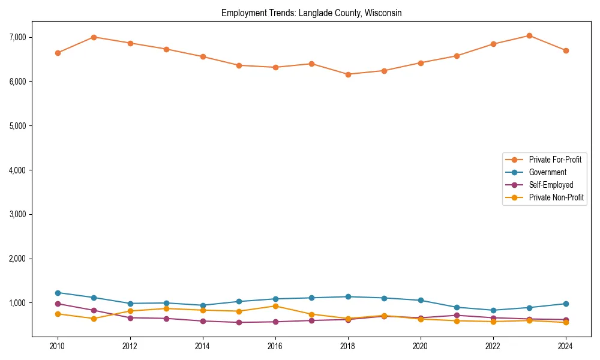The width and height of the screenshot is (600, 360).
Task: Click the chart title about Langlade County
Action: point(311,13)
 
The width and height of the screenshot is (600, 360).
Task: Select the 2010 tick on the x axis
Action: point(58,346)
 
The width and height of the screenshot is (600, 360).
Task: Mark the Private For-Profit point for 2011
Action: point(94,37)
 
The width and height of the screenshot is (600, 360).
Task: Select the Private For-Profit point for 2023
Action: point(529,35)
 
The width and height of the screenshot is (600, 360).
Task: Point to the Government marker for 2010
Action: point(58,293)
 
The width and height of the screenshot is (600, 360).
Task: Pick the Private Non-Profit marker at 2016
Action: point(275,306)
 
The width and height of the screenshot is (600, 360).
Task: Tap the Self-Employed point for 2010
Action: point(58,304)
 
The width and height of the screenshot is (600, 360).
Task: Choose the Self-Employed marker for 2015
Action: point(239,322)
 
